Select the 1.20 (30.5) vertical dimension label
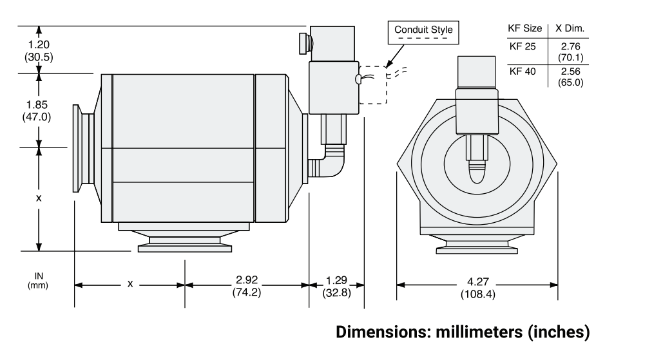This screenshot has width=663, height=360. (39, 50)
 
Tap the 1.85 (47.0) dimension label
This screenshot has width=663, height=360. (39, 110)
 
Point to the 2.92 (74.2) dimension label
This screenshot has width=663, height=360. (247, 286)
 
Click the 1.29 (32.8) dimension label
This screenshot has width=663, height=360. (336, 286)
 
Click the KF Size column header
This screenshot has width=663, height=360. (525, 29)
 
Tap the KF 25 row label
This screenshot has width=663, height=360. (522, 46)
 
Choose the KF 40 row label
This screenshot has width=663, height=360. (522, 71)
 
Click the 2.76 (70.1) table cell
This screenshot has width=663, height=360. (571, 52)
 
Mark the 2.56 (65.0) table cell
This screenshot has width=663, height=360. (571, 76)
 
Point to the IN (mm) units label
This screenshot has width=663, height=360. (38, 280)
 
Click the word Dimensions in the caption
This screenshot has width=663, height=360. (379, 334)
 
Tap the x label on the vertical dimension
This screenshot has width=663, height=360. (39, 198)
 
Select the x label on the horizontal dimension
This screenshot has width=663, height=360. (130, 283)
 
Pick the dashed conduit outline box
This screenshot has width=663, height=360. (372, 84)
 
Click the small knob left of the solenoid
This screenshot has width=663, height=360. (303, 44)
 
